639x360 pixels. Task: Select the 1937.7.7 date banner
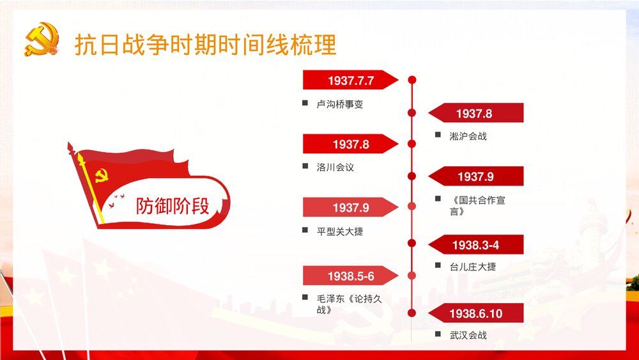click(x=350, y=81)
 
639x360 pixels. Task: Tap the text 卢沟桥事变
click(x=340, y=104)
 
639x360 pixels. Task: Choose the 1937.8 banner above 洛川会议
click(x=350, y=144)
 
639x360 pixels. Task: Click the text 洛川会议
click(x=335, y=167)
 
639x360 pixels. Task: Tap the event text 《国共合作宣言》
click(x=477, y=205)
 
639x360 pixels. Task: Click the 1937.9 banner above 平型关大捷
click(x=350, y=207)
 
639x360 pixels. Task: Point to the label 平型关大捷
click(x=340, y=231)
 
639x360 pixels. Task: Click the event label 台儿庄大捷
click(x=472, y=266)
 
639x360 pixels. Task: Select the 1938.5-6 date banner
click(x=350, y=276)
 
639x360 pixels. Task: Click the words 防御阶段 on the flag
click(x=173, y=206)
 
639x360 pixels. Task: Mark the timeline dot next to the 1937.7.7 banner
click(x=412, y=80)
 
